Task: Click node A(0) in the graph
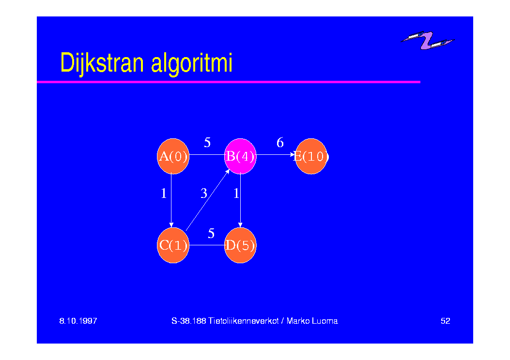(173, 156)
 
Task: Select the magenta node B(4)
(240, 156)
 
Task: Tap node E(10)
(311, 156)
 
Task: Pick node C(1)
(173, 245)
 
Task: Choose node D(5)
(240, 245)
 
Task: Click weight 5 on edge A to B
(207, 142)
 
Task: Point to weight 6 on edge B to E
(280, 142)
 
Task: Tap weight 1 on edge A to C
(164, 194)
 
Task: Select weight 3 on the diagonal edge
(204, 194)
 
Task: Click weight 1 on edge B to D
(236, 194)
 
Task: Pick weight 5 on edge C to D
(211, 233)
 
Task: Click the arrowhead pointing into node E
(293, 155)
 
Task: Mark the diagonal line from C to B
(208, 200)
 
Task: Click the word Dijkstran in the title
(102, 63)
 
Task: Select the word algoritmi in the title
(192, 64)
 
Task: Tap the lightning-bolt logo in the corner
(427, 40)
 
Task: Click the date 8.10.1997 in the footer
(78, 321)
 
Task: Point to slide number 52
(445, 321)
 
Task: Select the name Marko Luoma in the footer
(312, 321)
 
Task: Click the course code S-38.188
(189, 321)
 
